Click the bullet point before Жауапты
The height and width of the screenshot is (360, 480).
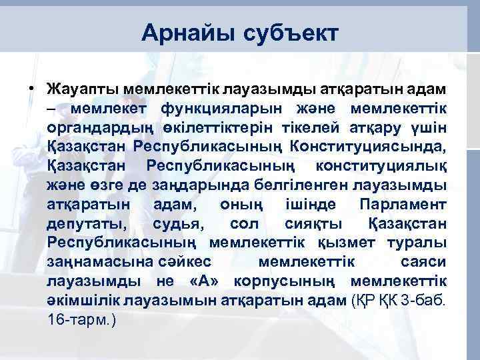[x=31, y=89]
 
